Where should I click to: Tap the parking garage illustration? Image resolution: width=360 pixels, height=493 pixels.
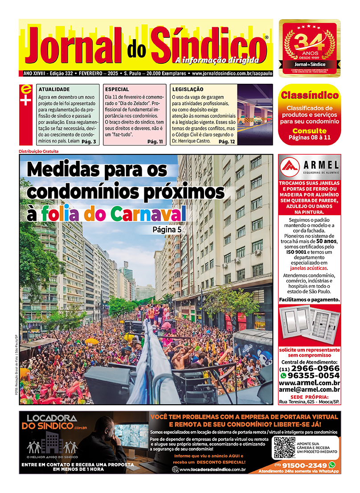[255, 114]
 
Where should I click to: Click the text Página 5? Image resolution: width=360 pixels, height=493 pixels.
[167, 230]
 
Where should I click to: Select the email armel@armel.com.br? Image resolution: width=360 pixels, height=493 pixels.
[309, 390]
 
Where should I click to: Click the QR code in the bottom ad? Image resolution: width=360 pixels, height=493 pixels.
[284, 448]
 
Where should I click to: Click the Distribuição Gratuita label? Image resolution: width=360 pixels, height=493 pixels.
[39, 151]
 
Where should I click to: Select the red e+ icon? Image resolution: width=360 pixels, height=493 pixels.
[26, 95]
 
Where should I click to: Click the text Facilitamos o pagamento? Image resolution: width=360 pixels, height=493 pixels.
[309, 300]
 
